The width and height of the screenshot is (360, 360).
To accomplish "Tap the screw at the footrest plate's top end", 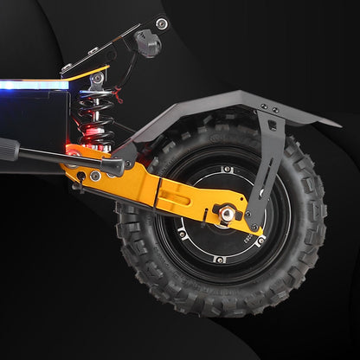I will point(161,23).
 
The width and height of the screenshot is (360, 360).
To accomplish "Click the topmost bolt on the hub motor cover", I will point(226,170).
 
